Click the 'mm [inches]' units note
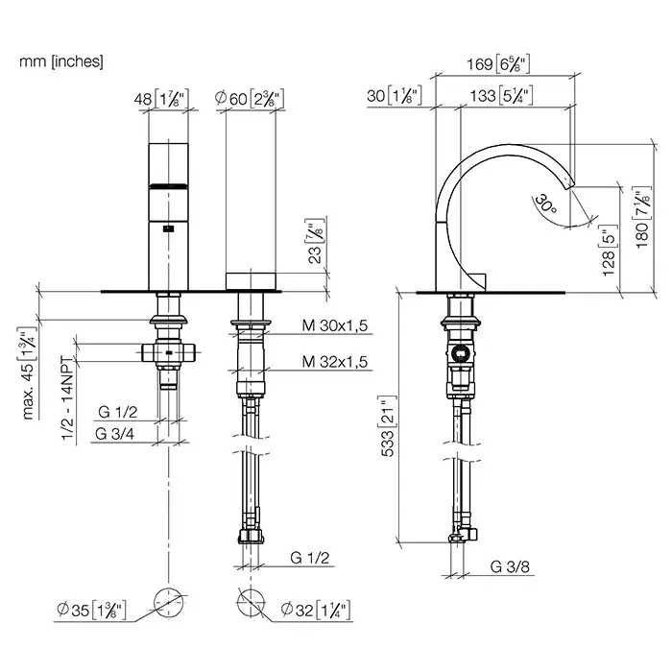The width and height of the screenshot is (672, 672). (61, 61)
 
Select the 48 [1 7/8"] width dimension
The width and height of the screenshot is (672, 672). (161, 99)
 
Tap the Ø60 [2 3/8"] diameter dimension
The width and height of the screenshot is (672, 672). (250, 98)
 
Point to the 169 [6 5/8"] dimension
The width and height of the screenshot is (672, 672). (498, 64)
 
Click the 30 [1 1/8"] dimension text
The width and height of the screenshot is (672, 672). (395, 95)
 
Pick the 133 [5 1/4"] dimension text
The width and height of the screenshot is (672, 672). (501, 96)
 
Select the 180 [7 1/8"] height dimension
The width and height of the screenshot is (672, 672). (643, 218)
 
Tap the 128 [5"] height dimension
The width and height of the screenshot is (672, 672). (609, 251)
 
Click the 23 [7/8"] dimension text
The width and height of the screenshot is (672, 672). (315, 242)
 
